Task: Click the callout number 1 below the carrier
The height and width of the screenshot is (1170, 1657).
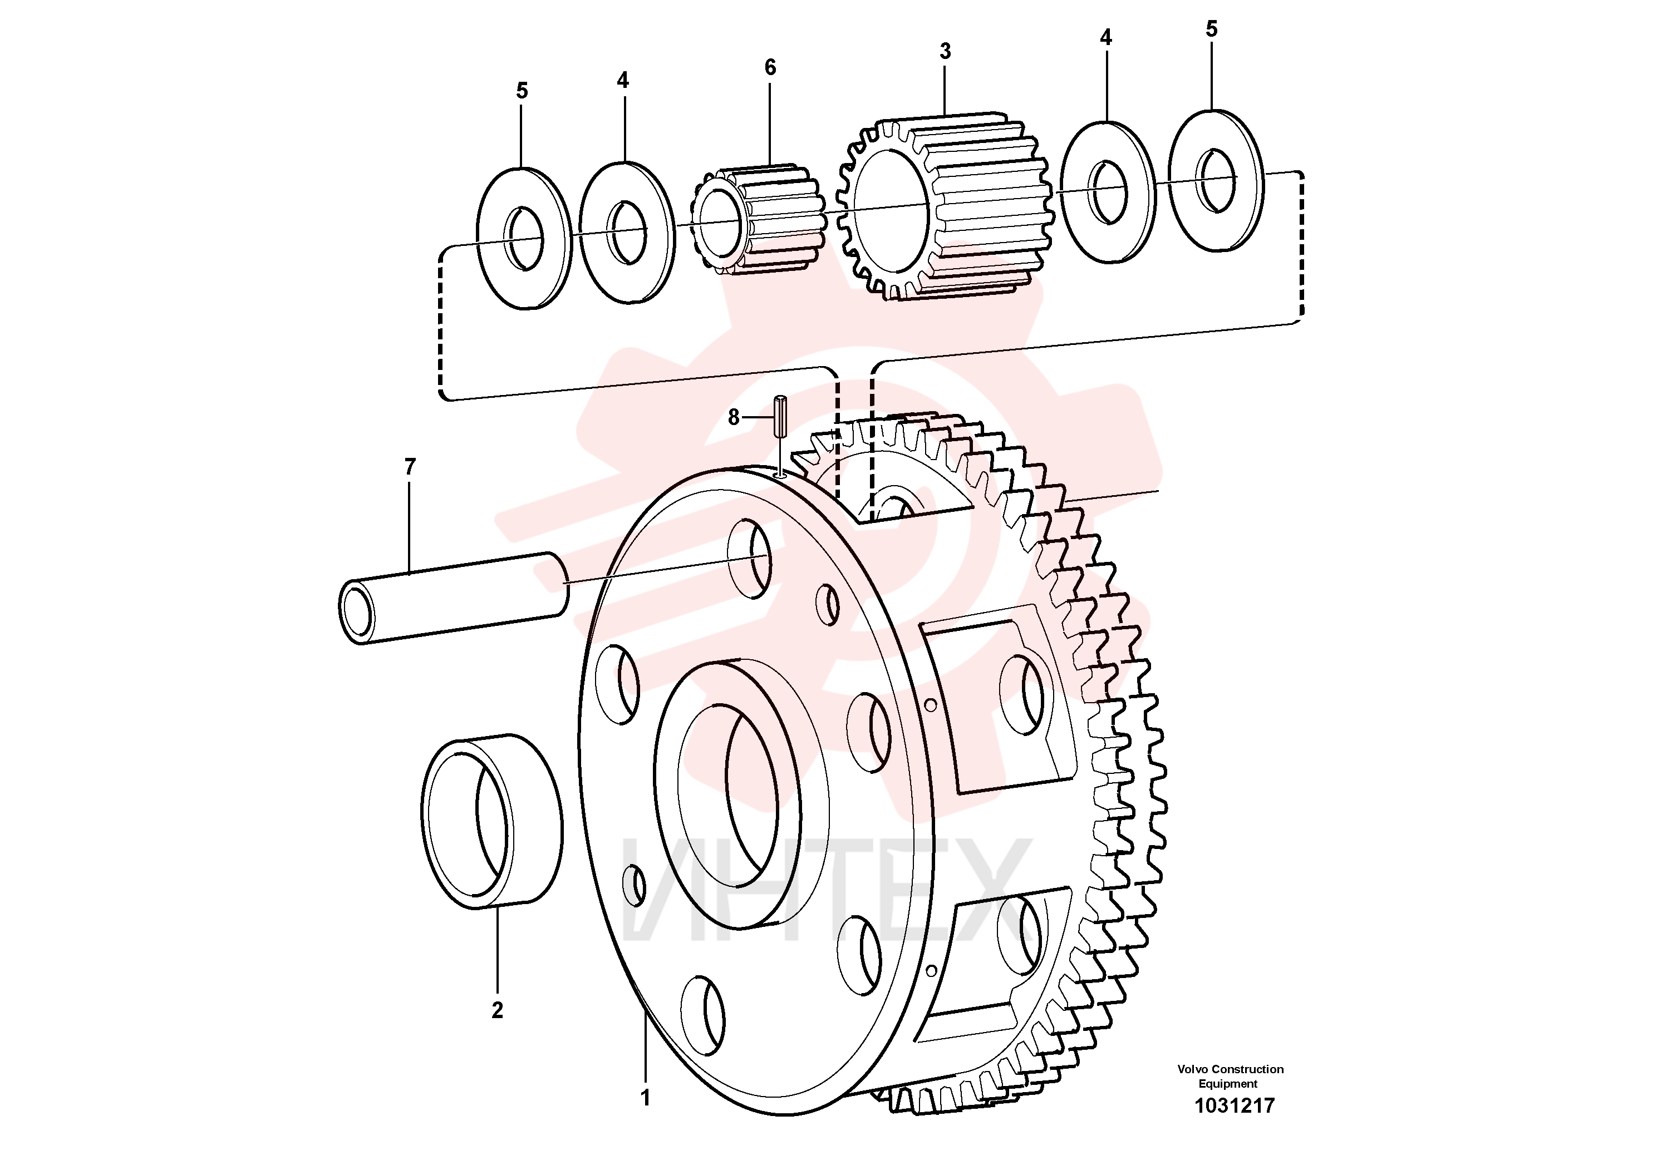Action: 646,1098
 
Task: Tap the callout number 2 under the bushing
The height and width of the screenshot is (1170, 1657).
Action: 497,1010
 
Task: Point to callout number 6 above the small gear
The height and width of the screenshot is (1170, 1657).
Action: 770,67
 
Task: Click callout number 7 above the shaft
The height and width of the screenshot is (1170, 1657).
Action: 410,467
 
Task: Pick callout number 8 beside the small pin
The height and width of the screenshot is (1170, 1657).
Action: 733,417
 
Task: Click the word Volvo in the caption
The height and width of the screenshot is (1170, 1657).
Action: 1194,1069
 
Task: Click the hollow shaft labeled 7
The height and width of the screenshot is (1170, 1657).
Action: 453,598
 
